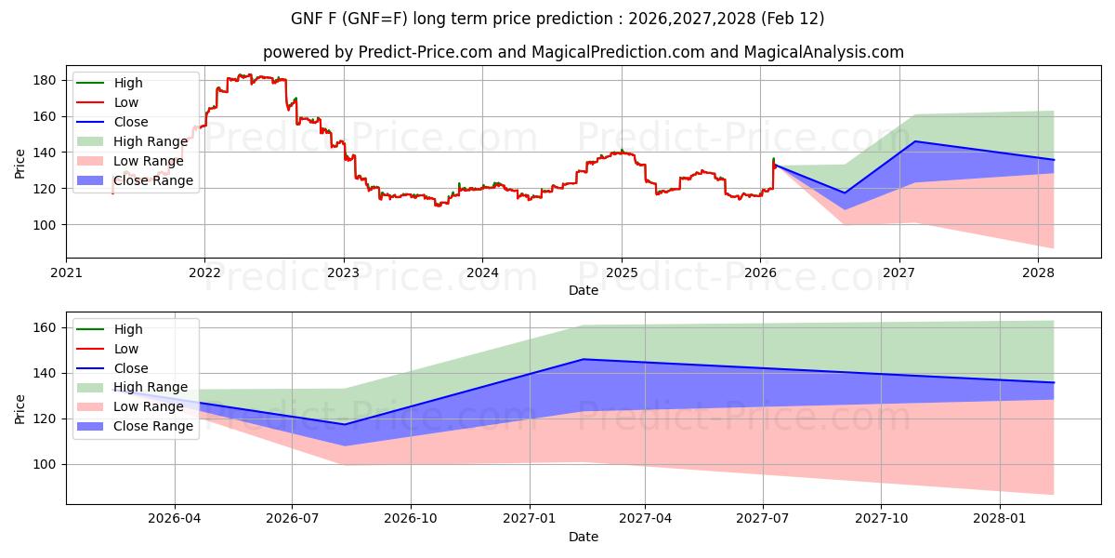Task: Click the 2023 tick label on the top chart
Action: click(344, 272)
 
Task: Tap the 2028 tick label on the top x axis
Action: click(1038, 272)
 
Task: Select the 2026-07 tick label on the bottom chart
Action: click(292, 519)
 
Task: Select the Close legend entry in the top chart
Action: click(131, 122)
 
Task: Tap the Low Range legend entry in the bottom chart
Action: click(148, 407)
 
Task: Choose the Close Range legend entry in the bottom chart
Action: click(153, 427)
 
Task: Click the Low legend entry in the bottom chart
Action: click(126, 349)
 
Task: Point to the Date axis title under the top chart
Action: click(584, 290)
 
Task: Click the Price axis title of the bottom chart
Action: click(20, 407)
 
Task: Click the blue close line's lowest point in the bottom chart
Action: click(346, 424)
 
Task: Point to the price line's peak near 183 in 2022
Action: click(243, 75)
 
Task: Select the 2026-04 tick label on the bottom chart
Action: click(174, 519)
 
